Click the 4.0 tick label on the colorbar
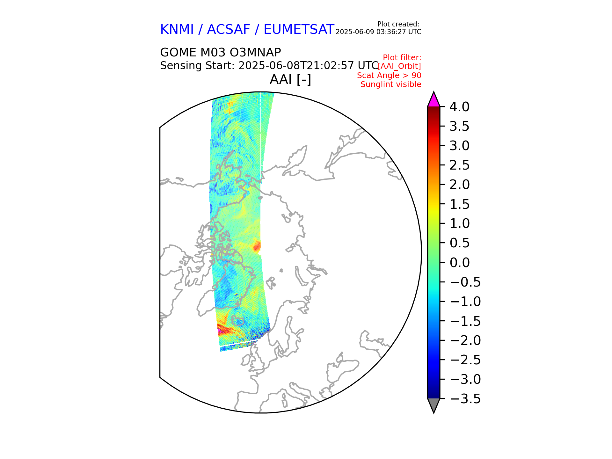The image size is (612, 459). coord(459,107)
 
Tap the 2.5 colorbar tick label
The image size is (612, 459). coord(459,165)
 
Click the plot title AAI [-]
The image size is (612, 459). coord(290,80)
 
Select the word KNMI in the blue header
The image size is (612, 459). coord(177,30)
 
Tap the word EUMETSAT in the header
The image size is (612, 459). coord(299,30)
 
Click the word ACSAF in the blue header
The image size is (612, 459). coord(229,30)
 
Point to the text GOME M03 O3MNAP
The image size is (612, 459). coord(220,53)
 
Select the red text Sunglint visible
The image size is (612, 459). coord(391,84)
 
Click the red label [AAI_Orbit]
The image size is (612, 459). coord(399,66)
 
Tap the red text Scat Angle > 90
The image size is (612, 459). coord(389,76)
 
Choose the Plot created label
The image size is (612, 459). coord(398,24)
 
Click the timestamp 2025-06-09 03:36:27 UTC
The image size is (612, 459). coord(378,32)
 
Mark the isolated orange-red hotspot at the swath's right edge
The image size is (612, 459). coord(257,246)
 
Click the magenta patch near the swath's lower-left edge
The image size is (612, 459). coord(219,332)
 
